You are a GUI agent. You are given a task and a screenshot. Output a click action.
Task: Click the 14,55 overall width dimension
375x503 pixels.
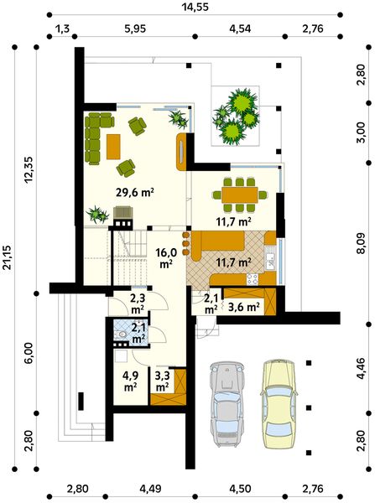[x=195, y=7]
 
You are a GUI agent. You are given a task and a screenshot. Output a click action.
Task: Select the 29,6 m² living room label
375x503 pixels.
[x=135, y=192]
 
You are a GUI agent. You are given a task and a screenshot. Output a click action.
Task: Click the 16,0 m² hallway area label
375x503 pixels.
[x=166, y=257]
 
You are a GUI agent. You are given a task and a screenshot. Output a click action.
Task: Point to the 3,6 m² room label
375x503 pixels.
[x=243, y=307]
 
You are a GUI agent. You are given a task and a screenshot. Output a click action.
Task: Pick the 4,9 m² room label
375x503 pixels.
[x=131, y=381]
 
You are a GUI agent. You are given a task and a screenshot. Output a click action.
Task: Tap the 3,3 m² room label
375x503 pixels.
[x=162, y=381]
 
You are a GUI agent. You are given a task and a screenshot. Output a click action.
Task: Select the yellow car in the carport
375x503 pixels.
[x=279, y=403]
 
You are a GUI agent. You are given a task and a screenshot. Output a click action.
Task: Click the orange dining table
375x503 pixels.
[x=239, y=194]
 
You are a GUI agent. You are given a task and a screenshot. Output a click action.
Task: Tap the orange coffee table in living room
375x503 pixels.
[x=113, y=147]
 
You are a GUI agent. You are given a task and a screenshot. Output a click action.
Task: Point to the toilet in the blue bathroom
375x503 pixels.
[x=122, y=334]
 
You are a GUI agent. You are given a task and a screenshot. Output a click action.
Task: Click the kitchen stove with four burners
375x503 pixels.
[x=252, y=279]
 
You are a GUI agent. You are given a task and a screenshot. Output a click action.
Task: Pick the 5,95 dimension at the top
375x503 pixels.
[x=134, y=29]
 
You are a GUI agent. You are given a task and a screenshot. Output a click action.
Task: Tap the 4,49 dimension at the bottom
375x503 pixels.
[x=150, y=490]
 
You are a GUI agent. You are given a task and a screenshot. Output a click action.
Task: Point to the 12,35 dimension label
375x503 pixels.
[x=29, y=169]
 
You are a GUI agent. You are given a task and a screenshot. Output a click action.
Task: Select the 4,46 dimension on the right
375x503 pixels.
[x=362, y=369]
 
